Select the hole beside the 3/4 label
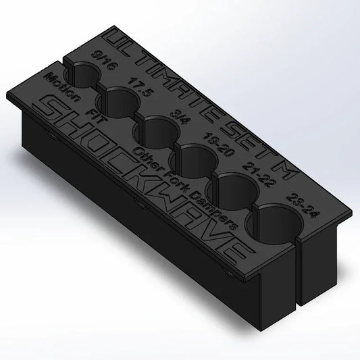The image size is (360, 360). pos(158,128)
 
